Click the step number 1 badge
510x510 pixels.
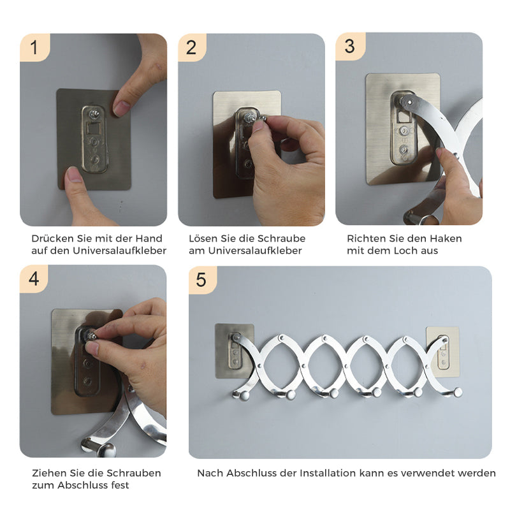(x=35, y=47)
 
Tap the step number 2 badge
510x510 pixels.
(x=192, y=47)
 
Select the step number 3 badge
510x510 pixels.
(x=350, y=47)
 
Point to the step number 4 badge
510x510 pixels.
(x=34, y=279)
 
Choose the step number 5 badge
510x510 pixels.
(x=202, y=280)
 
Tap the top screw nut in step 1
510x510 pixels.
(x=94, y=114)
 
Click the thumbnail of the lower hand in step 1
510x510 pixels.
(x=74, y=175)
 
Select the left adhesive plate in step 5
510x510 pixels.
(x=235, y=351)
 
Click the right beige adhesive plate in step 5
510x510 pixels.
(x=442, y=352)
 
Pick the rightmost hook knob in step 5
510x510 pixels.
(x=458, y=393)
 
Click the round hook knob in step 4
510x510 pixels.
(x=107, y=450)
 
